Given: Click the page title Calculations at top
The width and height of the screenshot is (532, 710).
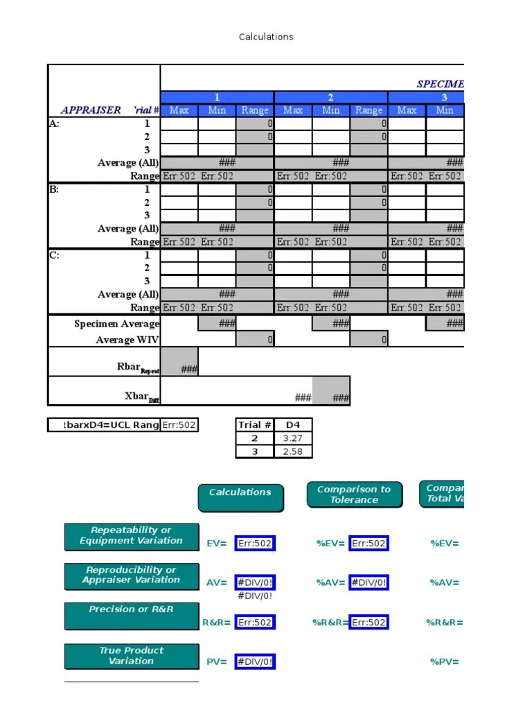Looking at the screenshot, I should [266, 37].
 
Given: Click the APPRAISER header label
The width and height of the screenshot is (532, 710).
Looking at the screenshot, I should [91, 110].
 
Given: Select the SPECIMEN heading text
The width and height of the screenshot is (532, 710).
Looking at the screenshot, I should [440, 84].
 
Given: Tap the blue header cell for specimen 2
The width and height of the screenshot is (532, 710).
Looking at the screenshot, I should [330, 97].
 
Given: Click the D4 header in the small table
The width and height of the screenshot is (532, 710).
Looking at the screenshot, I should [293, 425].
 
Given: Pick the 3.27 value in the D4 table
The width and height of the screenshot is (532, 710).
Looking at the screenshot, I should [293, 438].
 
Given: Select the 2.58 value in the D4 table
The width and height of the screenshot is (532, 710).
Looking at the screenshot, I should [293, 451].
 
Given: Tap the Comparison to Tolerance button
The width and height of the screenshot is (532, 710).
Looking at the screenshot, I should [353, 494].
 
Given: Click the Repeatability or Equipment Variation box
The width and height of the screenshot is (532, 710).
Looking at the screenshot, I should [132, 536].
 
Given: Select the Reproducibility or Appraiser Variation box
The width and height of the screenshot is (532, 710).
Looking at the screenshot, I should [132, 575].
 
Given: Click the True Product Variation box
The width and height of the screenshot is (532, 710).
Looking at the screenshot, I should [132, 656].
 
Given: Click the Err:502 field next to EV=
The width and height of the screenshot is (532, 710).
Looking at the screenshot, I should [255, 544].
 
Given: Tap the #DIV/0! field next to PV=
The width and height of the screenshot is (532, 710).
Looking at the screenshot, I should [255, 661].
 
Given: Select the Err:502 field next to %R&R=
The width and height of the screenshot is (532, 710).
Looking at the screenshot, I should [369, 622].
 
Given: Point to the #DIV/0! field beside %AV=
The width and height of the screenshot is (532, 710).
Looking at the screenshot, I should [369, 582].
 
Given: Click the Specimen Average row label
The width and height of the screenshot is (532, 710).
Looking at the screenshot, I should [117, 324].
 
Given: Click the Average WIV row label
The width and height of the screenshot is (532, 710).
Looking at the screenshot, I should [127, 340].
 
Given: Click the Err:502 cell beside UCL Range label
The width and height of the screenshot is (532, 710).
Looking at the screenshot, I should [179, 425].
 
